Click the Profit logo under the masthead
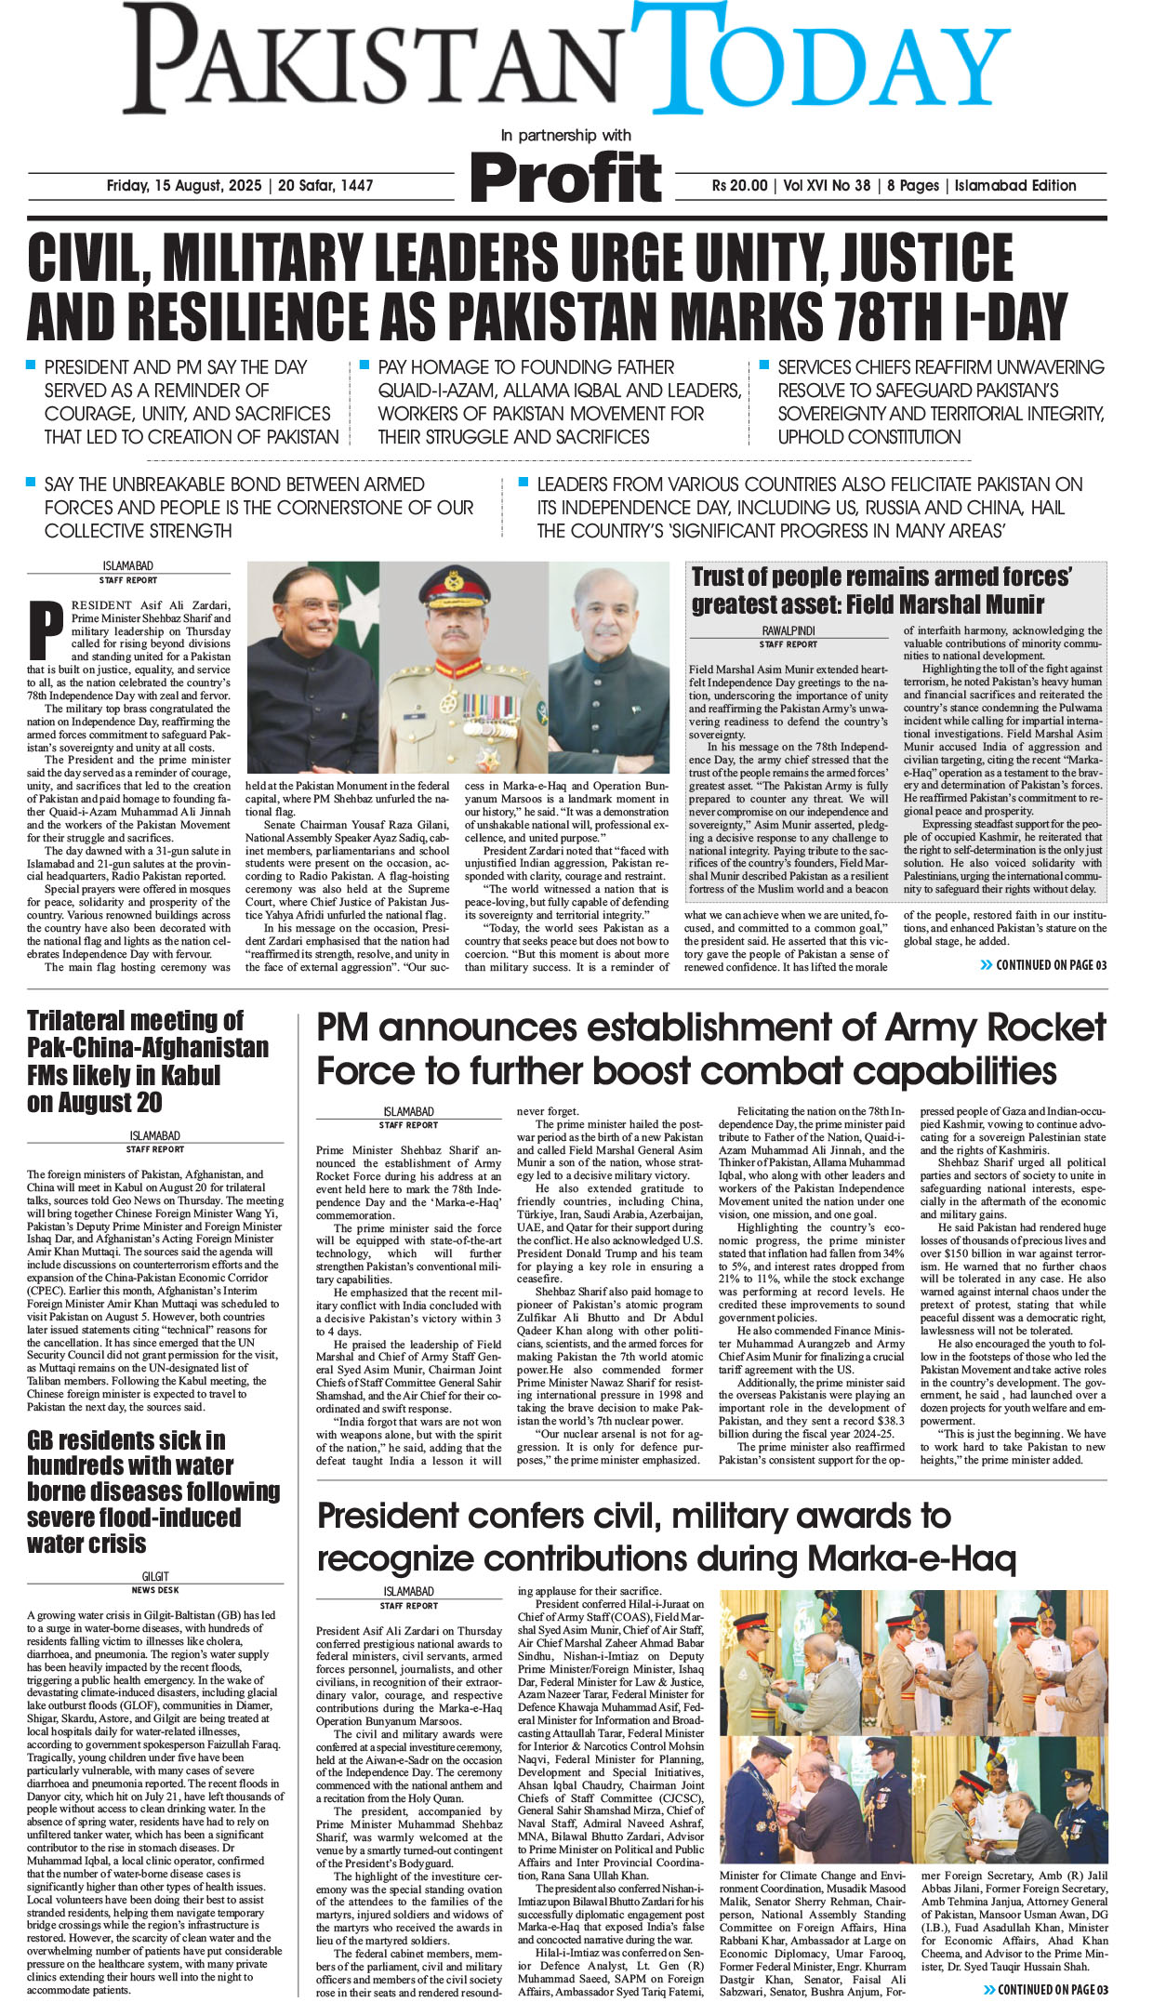[x=565, y=177]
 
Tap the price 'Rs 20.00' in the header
[x=740, y=185]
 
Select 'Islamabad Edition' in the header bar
[x=1014, y=185]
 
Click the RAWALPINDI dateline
[x=789, y=630]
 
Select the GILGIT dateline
[x=155, y=1576]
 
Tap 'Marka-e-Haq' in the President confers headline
[x=910, y=1558]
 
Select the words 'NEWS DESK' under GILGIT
[x=155, y=1590]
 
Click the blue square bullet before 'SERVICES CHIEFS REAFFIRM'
[x=764, y=365]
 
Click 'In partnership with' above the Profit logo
[x=565, y=136]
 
